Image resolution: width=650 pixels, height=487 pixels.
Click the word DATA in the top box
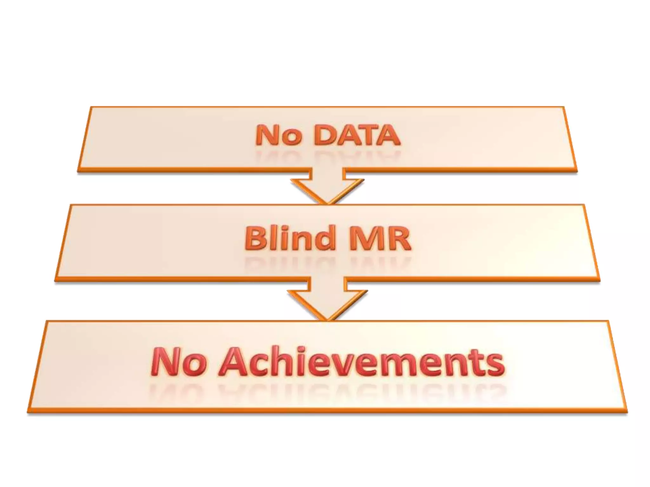point(357,135)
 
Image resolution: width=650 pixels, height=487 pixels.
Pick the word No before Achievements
point(179,362)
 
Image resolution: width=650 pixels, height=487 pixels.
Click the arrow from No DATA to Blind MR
point(327,187)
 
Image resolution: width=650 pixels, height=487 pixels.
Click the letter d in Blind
point(323,237)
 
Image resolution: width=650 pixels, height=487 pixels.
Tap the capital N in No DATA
point(267,135)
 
